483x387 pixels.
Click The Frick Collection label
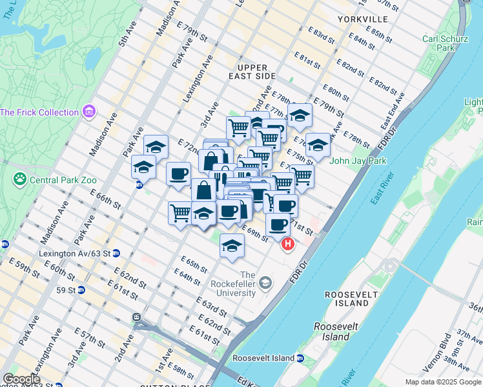[39, 112]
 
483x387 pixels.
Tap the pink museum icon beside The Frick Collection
[88, 112]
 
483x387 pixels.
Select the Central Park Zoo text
[63, 179]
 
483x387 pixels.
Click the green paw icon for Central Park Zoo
[20, 179]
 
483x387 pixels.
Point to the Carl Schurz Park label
[445, 43]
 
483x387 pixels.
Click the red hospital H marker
[288, 244]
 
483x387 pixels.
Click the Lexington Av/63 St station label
[74, 253]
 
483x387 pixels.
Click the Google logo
[21, 379]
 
